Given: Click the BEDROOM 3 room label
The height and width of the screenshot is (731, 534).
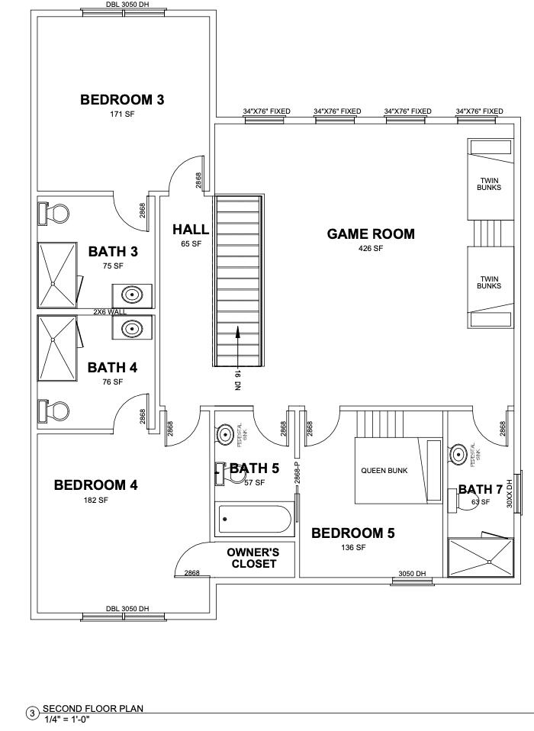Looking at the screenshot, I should click(123, 99).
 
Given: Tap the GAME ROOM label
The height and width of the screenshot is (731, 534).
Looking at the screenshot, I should click(371, 234).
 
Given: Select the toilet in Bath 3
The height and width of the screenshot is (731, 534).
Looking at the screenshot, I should click(53, 213).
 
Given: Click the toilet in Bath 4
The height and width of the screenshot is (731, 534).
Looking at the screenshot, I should click(53, 410).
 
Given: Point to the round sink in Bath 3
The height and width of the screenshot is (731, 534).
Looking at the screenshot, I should click(133, 294).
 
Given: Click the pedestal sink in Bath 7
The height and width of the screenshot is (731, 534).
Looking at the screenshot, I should click(459, 455).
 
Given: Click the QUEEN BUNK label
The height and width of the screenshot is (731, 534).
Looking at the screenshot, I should click(384, 471).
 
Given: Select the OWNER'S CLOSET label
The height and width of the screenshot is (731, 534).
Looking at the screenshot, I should click(253, 558).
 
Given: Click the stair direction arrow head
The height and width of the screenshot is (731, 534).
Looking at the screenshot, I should click(239, 331).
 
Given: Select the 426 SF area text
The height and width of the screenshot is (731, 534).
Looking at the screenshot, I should click(371, 249).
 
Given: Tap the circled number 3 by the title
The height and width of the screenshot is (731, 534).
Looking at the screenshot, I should click(31, 714).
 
